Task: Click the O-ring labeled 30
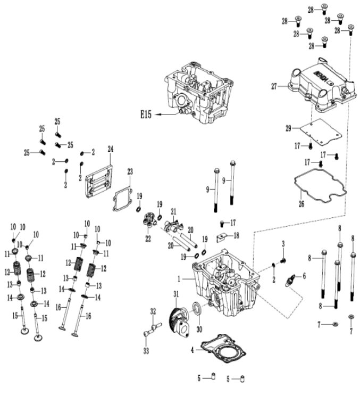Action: [x=196, y=309]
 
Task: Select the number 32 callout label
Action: [x=153, y=311]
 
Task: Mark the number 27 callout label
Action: [x=275, y=86]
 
